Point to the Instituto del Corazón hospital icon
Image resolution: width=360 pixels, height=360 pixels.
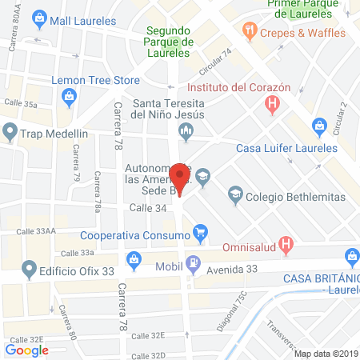(x=274, y=102)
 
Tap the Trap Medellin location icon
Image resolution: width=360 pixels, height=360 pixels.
(x=10, y=131)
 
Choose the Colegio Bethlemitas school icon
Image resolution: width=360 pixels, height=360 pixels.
(x=235, y=192)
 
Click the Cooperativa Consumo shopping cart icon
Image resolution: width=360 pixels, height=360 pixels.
(x=201, y=235)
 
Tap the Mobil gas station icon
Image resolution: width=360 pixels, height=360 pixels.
(x=193, y=263)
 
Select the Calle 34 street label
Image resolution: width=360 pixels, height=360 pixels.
(x=147, y=208)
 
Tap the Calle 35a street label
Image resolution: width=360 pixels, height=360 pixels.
(x=20, y=104)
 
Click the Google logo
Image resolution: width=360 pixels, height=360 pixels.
(x=27, y=350)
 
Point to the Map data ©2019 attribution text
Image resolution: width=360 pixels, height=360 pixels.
(x=325, y=354)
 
